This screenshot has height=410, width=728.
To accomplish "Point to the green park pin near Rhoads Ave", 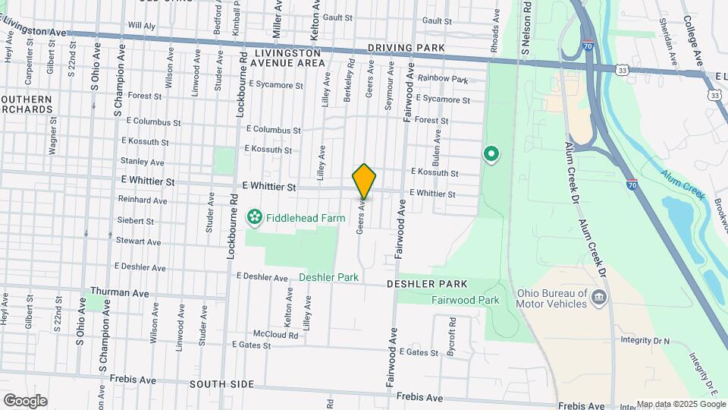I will [491, 156].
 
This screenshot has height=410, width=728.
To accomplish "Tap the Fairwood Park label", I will [465, 300].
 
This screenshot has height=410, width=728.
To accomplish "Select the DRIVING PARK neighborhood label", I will [406, 48].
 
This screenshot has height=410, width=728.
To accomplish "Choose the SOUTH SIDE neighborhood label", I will [221, 384].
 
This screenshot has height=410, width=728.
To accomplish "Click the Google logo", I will [25, 401].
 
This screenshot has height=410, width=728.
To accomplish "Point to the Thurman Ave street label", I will [117, 292].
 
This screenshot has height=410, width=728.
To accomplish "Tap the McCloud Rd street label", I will [275, 334].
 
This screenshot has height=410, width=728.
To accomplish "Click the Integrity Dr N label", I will [645, 341].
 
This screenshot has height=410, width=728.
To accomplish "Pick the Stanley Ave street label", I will [142, 162].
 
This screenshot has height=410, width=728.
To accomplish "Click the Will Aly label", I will [141, 25].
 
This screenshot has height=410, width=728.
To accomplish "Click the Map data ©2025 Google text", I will [681, 405].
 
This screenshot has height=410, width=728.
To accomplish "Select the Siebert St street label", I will [136, 221].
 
